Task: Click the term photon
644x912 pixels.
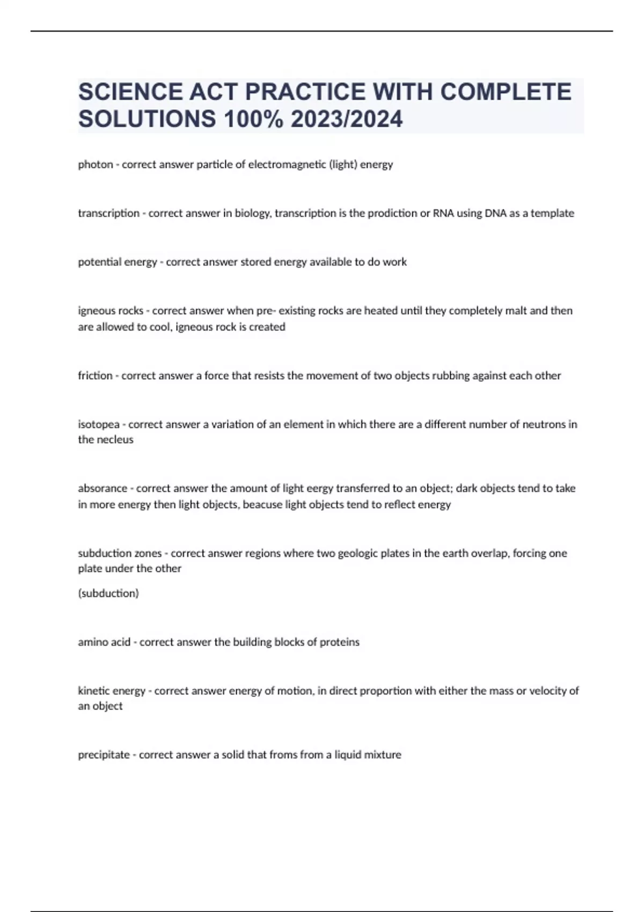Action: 95,165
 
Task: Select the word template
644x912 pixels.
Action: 552,214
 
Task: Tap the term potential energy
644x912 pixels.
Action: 117,262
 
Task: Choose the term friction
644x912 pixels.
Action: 95,376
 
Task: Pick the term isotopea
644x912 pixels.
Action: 98,424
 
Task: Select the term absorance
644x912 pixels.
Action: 102,489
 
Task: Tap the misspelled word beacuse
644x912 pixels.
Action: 262,505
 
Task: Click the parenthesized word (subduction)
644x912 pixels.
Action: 108,593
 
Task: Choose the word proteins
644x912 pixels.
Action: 339,642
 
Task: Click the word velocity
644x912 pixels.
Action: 548,691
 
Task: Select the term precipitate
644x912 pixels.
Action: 104,755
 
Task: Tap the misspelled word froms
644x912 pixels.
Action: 283,755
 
